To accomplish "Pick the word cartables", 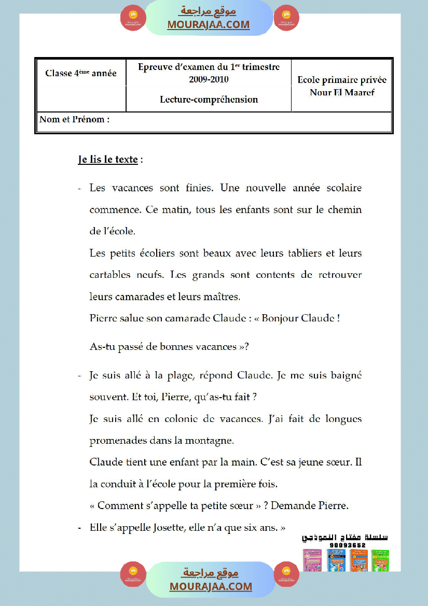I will click(111, 275).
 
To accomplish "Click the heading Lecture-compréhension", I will click(209, 100).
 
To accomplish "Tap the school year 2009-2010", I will click(209, 79).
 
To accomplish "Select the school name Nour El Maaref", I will click(342, 93).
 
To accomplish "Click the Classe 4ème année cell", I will click(81, 74).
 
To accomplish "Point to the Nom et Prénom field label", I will click(75, 120).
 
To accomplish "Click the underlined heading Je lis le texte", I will click(108, 160).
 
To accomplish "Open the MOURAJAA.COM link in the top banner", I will click(209, 24).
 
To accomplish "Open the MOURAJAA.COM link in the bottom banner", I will click(211, 586).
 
